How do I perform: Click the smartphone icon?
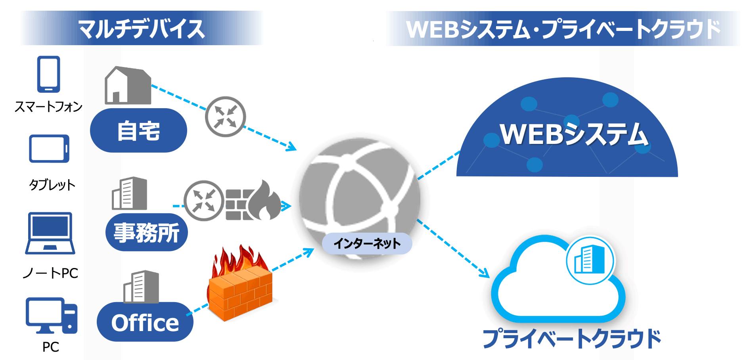click(48, 74)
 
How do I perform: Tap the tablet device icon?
click(49, 149)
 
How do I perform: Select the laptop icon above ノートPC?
click(50, 233)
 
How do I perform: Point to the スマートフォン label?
click(48, 107)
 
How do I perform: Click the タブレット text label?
click(52, 185)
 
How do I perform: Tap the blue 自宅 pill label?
click(138, 130)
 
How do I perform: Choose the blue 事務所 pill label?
click(146, 232)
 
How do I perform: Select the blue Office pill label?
click(145, 322)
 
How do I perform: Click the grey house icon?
click(128, 86)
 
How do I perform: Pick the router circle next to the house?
click(225, 117)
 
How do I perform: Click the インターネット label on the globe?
click(367, 243)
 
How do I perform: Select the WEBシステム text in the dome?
click(574, 134)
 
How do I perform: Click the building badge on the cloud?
click(590, 260)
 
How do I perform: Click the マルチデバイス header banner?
click(142, 29)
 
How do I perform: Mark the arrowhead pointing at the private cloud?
click(485, 273)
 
